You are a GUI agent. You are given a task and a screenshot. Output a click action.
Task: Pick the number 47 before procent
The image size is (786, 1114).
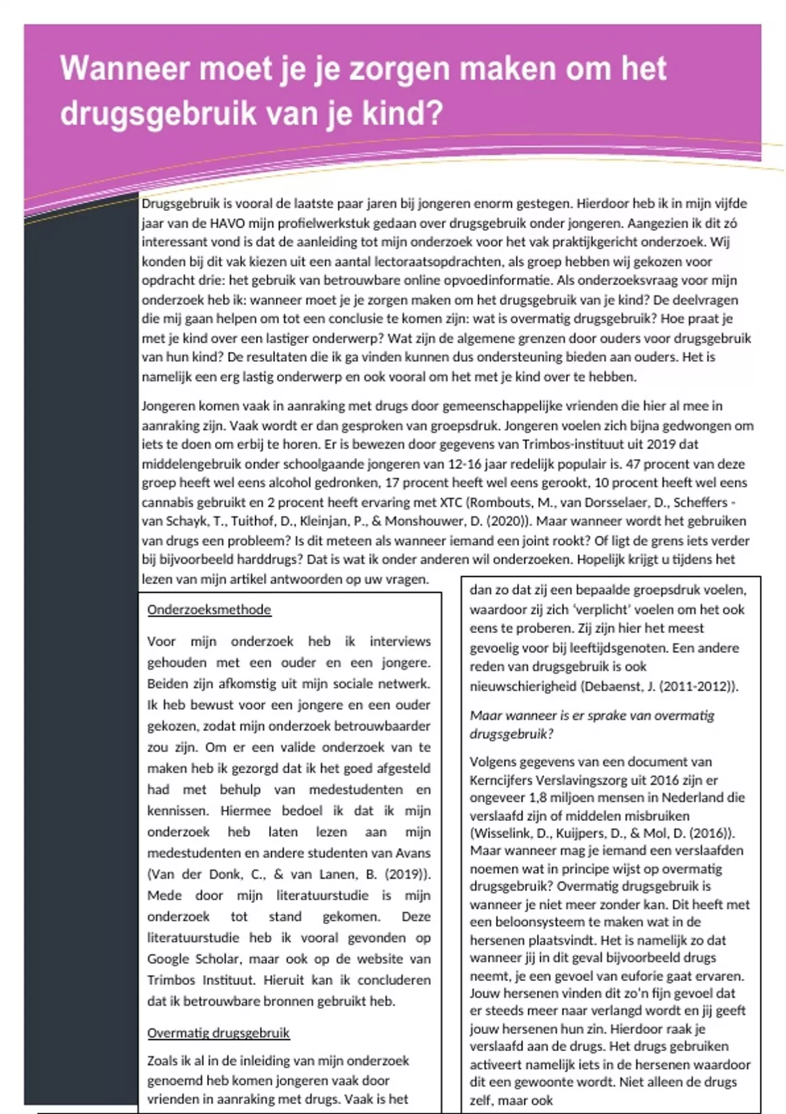[633, 464]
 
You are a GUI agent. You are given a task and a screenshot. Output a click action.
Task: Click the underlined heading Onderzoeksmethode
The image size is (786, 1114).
[209, 610]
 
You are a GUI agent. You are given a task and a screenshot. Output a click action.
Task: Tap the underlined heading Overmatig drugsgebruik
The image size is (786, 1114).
[218, 1033]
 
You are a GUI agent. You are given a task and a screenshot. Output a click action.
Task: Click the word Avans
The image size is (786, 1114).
[412, 853]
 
